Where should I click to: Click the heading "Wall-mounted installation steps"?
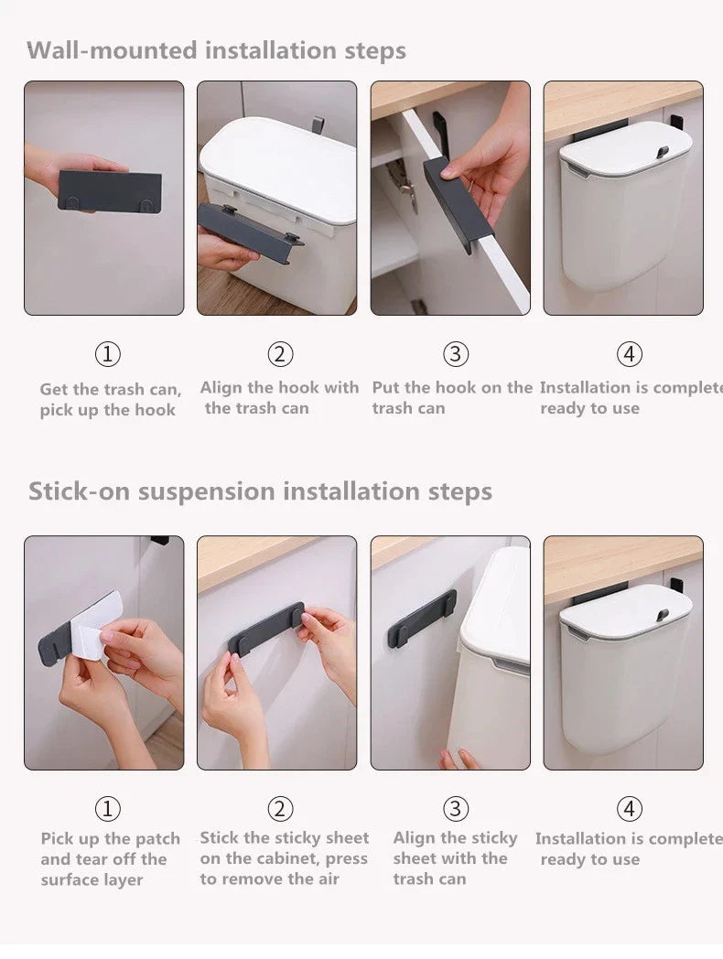[216, 49]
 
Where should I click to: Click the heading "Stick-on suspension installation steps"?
[260, 491]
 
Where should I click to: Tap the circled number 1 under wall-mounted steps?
[108, 354]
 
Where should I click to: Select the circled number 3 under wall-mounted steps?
[455, 354]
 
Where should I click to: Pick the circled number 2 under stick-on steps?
[280, 809]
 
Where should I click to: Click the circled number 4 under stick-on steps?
[629, 809]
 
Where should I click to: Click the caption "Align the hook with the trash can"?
[278, 398]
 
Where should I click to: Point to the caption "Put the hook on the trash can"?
[451, 398]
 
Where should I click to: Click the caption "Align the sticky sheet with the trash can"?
[455, 858]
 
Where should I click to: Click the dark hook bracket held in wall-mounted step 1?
[110, 192]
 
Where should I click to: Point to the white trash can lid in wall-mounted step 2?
[278, 161]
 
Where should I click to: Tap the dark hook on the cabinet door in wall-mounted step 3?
[458, 201]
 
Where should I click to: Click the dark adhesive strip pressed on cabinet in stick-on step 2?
[265, 630]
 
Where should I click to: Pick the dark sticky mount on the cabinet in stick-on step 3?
[421, 620]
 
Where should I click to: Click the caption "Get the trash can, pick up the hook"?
[110, 400]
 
